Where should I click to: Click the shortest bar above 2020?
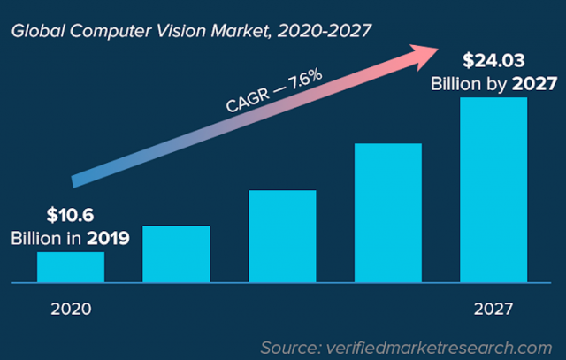coord(71,267)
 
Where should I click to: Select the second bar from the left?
coord(176,254)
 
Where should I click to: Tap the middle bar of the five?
coord(282,236)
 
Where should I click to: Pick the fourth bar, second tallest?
coord(387,212)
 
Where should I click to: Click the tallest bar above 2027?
coord(493,190)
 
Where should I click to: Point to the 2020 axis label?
coord(71,310)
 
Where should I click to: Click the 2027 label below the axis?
coord(492,310)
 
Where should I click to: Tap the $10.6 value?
coord(70,215)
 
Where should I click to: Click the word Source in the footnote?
coord(293,346)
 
